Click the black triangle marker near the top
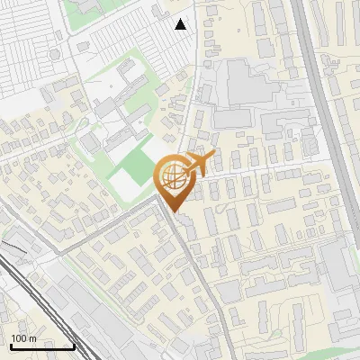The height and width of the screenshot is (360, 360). [181, 24]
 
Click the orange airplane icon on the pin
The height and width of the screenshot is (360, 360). [199, 162]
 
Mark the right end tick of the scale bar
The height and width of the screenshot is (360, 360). [74, 346]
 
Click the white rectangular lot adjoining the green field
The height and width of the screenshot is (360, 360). [125, 185]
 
